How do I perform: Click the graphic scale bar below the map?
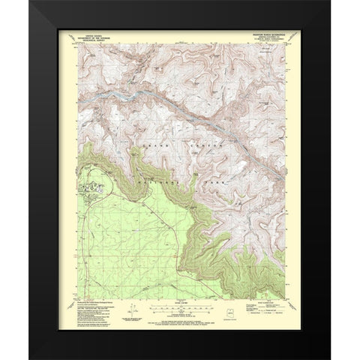181,307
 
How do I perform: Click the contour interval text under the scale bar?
181,315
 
